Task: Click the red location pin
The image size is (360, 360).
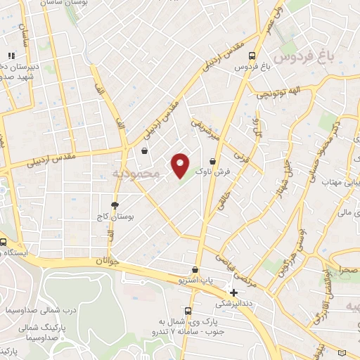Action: click(180, 165)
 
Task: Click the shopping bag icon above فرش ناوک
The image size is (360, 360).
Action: click(212, 161)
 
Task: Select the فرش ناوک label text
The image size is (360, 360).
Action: click(212, 172)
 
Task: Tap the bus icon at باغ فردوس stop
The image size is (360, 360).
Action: click(252, 57)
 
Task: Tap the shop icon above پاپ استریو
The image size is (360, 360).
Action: click(195, 270)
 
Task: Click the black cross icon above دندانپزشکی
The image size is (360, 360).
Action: click(234, 292)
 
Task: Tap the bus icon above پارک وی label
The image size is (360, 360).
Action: click(188, 311)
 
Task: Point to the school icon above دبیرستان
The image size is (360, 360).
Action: click(11, 56)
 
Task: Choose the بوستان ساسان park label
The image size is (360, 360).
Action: click(47, 5)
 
